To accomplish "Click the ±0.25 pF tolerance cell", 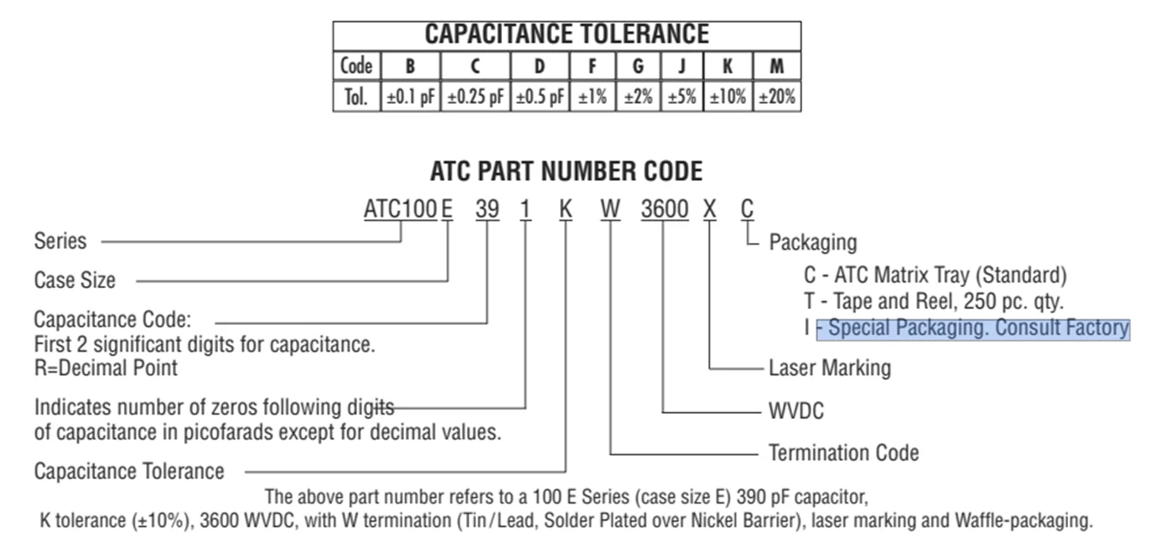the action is (475, 97).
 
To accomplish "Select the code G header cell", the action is (638, 66).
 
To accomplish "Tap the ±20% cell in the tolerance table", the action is (777, 97).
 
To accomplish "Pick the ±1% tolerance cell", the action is (593, 97).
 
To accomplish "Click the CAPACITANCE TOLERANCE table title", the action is (567, 34).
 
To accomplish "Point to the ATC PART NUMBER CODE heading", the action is (567, 171).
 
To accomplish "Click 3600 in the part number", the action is (665, 209).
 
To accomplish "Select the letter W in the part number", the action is (610, 209).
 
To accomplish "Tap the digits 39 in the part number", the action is (487, 209).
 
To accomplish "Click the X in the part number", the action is (709, 209).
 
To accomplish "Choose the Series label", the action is (60, 241).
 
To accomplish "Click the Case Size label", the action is (75, 281).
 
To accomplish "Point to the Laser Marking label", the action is (830, 369).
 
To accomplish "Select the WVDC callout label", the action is (796, 411).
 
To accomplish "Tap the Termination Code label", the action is (844, 453).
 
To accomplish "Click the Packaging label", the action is (813, 243).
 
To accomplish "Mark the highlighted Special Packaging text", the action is (973, 329).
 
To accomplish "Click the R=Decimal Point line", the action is (106, 369).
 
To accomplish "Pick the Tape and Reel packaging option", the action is (934, 302).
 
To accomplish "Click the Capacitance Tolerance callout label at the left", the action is (129, 472).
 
